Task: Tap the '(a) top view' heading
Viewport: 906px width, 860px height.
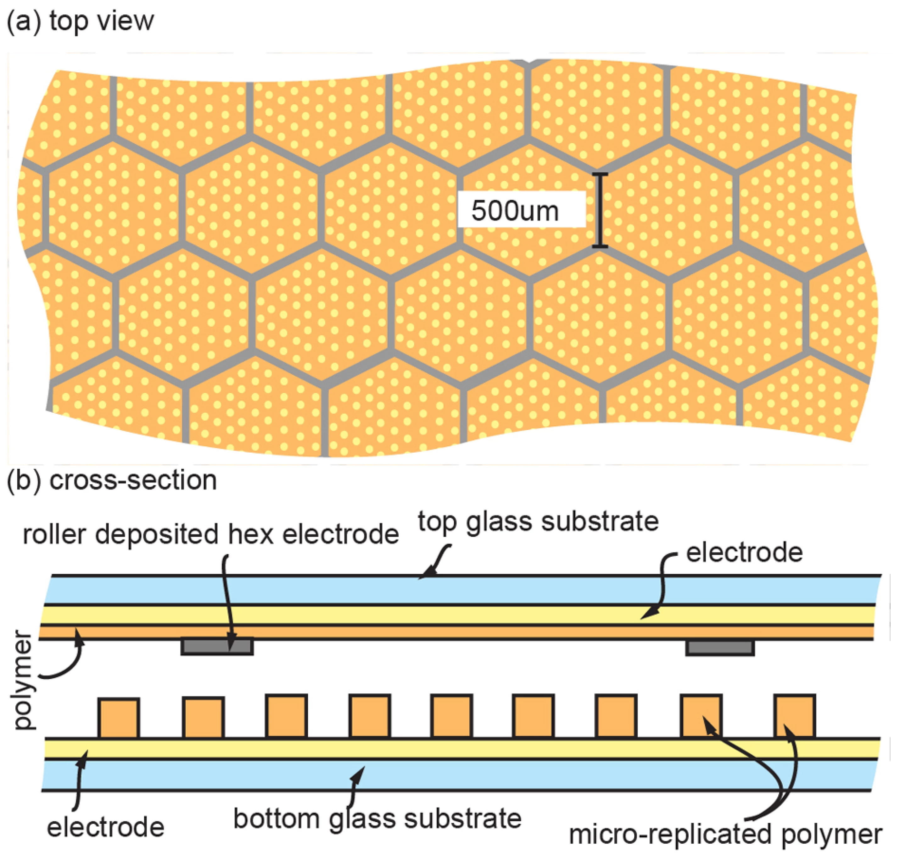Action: tap(80, 21)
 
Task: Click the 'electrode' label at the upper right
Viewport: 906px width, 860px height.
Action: tap(744, 552)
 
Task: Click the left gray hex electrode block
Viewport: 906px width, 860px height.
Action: tap(217, 646)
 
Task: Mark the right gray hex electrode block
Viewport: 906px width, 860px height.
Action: tap(720, 647)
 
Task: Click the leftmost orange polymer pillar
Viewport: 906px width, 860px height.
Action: tap(119, 717)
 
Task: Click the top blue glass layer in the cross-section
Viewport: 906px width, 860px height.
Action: tap(459, 590)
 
